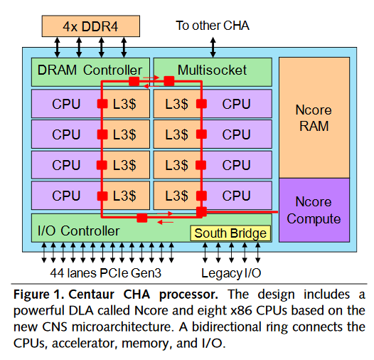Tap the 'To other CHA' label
[x=213, y=26]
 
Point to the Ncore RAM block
[x=314, y=118]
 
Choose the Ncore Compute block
[x=314, y=210]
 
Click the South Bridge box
[x=230, y=233]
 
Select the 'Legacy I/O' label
[x=230, y=272]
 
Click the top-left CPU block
[x=66, y=104]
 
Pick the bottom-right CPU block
[x=236, y=195]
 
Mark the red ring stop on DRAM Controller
[x=134, y=80]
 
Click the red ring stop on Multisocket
[x=169, y=80]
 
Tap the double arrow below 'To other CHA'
[x=213, y=46]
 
